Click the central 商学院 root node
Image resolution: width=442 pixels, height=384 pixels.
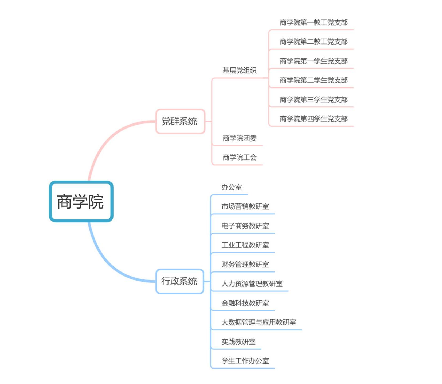[x=81, y=201]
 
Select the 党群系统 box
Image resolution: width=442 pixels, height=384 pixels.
[x=180, y=121]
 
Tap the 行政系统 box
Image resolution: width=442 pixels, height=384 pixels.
[x=179, y=281]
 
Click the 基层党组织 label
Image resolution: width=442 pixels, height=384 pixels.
[x=240, y=70]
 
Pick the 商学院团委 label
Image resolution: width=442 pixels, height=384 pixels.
[x=240, y=138]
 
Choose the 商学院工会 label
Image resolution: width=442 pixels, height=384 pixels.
[x=240, y=157]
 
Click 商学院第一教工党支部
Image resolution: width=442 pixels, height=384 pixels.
[x=314, y=22]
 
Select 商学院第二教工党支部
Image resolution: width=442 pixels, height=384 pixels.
[x=314, y=42]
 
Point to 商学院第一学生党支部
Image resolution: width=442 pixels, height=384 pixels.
[x=314, y=61]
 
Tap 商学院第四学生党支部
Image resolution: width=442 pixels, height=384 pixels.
[x=314, y=119]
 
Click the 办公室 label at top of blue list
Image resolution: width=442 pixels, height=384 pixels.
[x=232, y=187]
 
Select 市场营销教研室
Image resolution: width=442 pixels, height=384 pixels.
[x=245, y=206]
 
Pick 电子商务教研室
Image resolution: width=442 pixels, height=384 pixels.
[x=245, y=226]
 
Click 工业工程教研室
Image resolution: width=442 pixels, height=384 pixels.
[x=245, y=245]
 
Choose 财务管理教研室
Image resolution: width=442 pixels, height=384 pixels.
[x=245, y=265]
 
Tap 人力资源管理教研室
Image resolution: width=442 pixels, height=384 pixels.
[x=252, y=284]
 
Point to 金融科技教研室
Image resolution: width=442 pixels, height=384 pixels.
[x=245, y=303]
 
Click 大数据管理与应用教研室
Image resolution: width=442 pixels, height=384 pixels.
[x=259, y=322]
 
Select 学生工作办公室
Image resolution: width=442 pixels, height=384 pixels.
[x=245, y=361]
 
